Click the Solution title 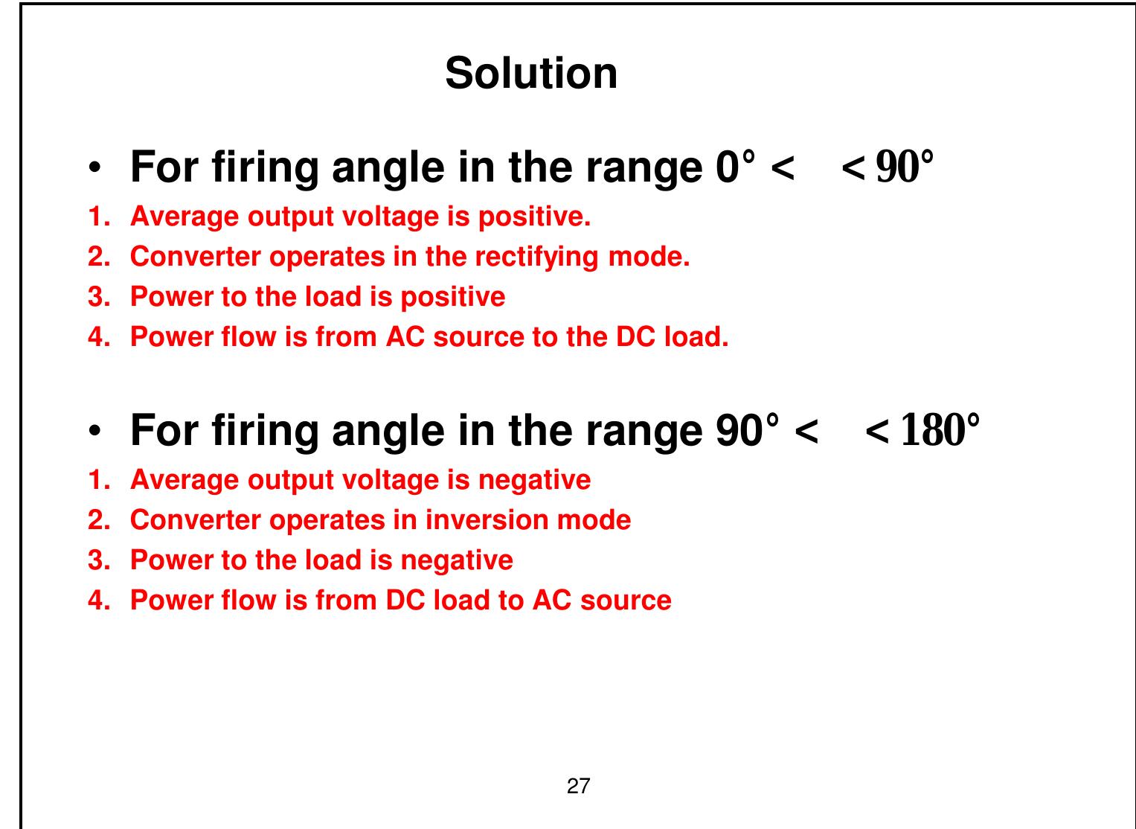click(x=531, y=74)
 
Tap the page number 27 click(x=578, y=786)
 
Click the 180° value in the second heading click(x=940, y=430)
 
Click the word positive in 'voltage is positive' click(x=534, y=217)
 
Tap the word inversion click(x=480, y=519)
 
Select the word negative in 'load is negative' click(x=457, y=560)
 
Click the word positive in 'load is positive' click(x=453, y=297)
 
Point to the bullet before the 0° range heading click(x=94, y=168)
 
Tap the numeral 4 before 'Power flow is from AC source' click(x=95, y=337)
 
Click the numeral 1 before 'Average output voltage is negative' click(x=95, y=480)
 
